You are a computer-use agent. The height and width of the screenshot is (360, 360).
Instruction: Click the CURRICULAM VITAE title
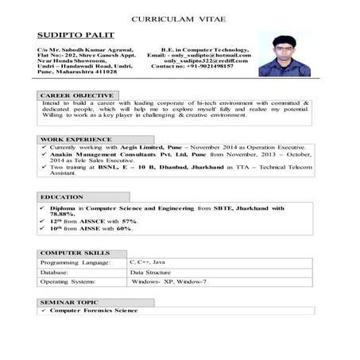tap(180, 17)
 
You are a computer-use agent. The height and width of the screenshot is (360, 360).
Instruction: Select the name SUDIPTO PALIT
tap(75, 36)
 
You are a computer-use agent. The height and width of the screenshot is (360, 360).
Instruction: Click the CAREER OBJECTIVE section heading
tap(72, 95)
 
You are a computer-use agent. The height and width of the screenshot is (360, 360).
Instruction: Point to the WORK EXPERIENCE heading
tap(72, 139)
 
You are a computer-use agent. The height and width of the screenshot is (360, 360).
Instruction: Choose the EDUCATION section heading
tap(62, 196)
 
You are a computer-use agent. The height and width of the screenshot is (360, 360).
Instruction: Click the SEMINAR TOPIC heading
tap(69, 303)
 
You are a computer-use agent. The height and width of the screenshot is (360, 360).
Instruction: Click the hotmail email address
tap(211, 54)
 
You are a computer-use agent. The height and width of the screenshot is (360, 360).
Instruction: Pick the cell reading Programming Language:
tap(75, 261)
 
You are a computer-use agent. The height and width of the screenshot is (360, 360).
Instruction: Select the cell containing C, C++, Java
tap(147, 261)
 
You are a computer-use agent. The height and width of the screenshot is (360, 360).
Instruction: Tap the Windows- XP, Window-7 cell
tap(168, 281)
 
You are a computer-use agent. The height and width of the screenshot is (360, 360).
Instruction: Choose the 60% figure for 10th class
tap(123, 229)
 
